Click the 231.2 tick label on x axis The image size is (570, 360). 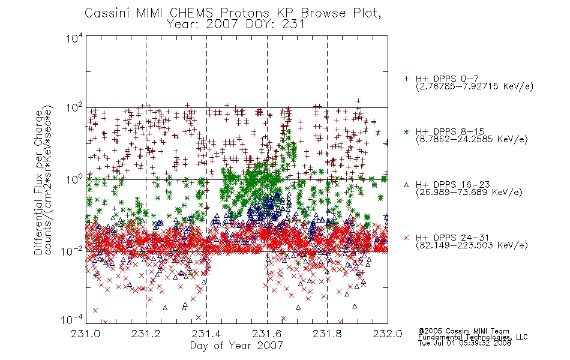tap(146, 334)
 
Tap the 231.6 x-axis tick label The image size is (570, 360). tap(267, 334)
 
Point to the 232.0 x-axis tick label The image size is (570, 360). tap(388, 334)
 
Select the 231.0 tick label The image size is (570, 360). tap(86, 334)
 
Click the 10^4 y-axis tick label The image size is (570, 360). tap(74, 38)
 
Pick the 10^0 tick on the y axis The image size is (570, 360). tap(74, 179)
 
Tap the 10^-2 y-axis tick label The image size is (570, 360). tap(72, 251)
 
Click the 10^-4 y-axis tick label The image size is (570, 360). tap(72, 319)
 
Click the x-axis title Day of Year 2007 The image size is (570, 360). tap(236, 346)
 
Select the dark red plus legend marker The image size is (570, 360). tap(406, 79)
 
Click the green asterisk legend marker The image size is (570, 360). tap(406, 131)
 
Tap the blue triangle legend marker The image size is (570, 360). tap(406, 185)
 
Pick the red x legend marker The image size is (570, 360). tap(406, 238)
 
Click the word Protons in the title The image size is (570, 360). tap(244, 13)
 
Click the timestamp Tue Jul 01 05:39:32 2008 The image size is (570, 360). tap(464, 343)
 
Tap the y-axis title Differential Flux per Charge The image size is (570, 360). tap(38, 182)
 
